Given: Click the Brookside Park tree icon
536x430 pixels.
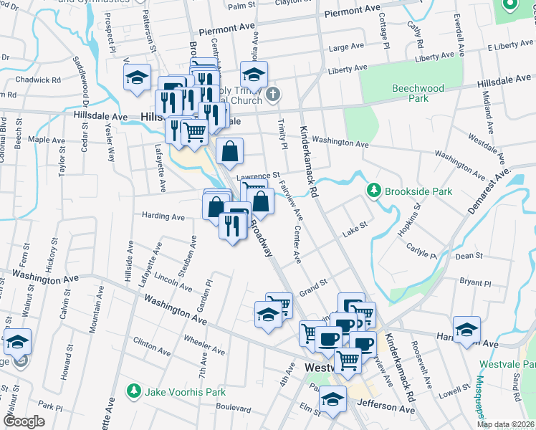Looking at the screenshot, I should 373,191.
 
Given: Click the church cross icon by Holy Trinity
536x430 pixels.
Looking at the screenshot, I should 272,94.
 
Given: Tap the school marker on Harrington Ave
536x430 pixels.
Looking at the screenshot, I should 466,329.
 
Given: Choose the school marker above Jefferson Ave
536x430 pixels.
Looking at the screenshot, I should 332,399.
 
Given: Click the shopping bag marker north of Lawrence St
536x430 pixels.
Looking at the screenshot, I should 229,151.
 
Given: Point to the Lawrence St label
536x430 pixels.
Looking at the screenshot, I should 258,176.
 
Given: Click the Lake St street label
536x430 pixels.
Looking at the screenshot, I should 354,228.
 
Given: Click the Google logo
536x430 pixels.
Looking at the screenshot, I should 24,421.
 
